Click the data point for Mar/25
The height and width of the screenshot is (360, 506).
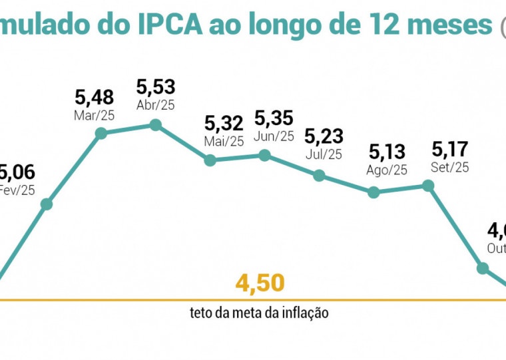[x=101, y=133]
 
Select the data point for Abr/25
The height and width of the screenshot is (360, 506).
[x=155, y=124]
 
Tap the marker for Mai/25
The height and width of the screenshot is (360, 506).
[x=210, y=160]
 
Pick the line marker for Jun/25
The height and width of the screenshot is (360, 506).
[x=264, y=155]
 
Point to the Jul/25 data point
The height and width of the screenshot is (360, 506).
[x=319, y=176]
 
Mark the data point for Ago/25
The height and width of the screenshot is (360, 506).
[x=374, y=192]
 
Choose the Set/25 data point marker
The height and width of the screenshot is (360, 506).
[x=429, y=186]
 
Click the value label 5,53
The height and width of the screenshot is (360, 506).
[x=155, y=87]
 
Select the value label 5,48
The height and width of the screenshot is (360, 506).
[x=95, y=98]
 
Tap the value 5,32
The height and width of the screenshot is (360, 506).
[x=224, y=123]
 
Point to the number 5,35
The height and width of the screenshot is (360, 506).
[x=274, y=119]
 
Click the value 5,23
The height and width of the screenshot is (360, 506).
[x=324, y=136]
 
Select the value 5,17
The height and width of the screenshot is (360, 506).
[x=451, y=148]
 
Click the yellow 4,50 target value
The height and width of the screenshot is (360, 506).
[x=260, y=283]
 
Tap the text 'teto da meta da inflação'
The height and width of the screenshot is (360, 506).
[x=259, y=312]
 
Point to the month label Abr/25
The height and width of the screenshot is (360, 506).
[x=155, y=106]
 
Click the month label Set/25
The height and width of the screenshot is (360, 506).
[x=451, y=166]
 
